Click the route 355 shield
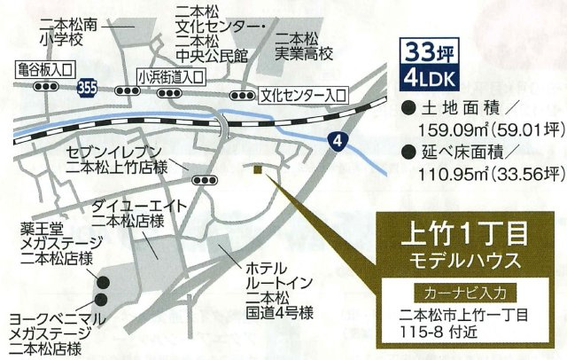click(x=87, y=88)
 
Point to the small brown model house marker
click(x=256, y=169)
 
